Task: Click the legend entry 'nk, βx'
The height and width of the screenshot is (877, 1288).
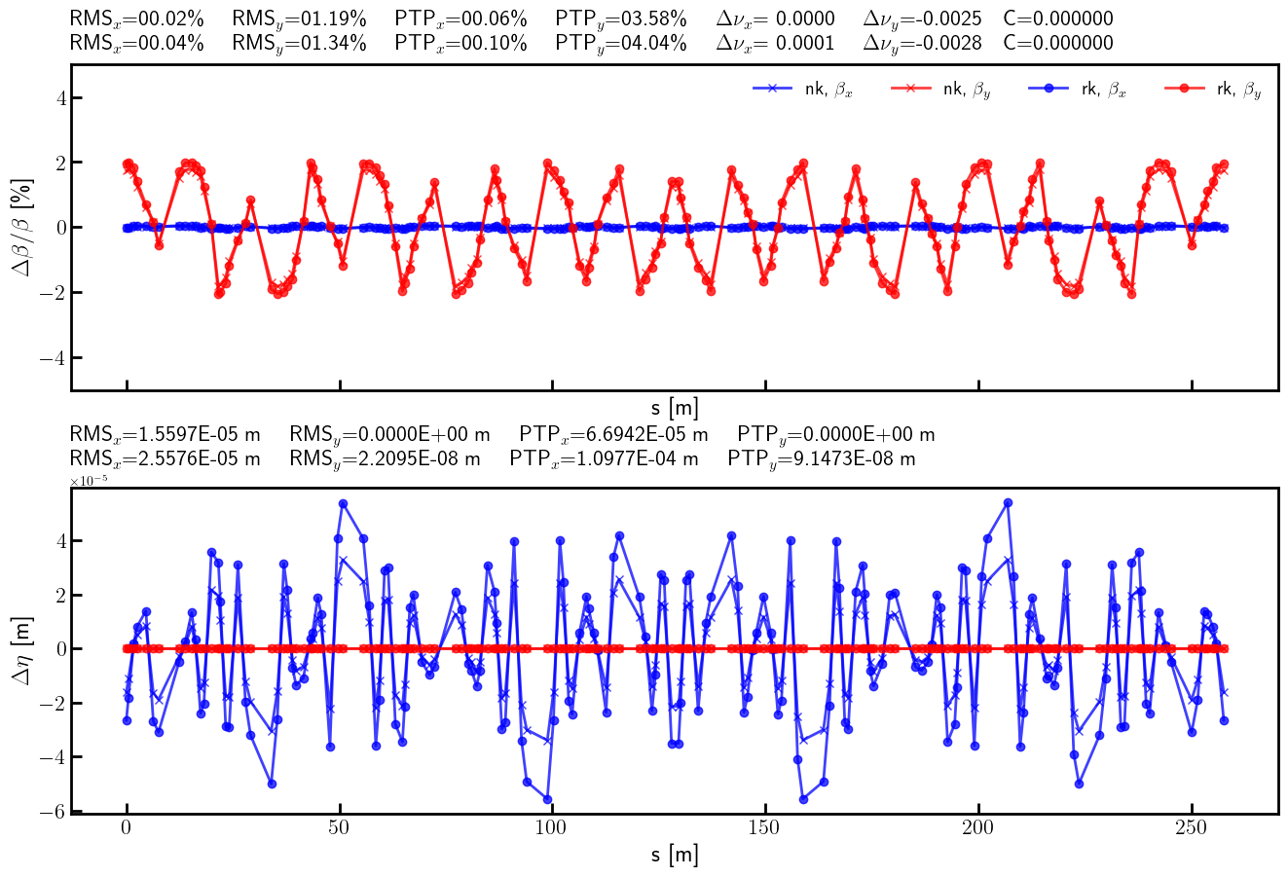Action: [802, 90]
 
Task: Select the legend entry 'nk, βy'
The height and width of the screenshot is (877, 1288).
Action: [940, 90]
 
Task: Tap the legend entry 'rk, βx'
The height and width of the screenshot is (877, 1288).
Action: [1077, 90]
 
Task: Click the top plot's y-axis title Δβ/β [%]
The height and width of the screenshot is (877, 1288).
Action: [20, 227]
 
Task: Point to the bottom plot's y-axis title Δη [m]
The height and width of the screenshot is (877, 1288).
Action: [20, 649]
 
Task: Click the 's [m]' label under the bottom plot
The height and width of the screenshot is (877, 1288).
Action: [675, 856]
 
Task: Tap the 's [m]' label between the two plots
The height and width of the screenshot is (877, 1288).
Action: [675, 408]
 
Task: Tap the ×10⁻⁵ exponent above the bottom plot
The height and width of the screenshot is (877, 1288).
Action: [87, 481]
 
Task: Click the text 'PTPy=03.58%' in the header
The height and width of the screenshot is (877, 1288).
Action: [620, 18]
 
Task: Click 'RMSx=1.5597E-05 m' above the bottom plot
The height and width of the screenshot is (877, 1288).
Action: [165, 434]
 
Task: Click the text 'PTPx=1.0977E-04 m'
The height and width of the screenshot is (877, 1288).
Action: [604, 458]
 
